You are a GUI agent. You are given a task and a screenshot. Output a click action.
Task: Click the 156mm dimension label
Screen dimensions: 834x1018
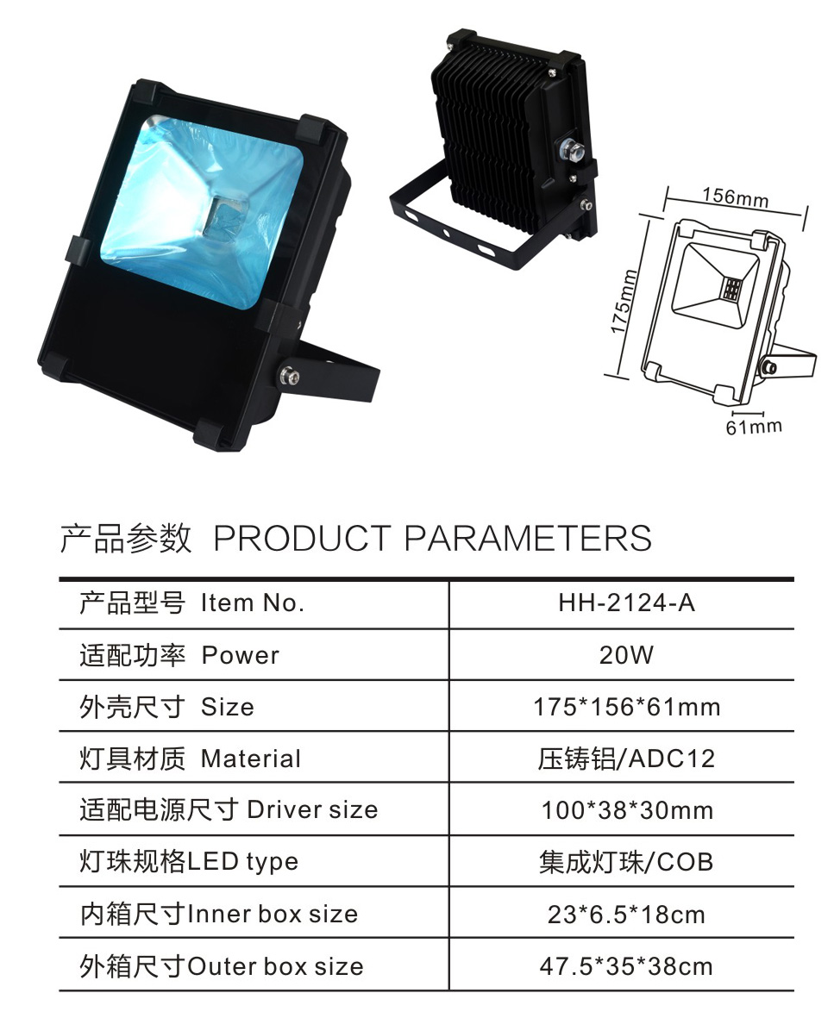tap(735, 196)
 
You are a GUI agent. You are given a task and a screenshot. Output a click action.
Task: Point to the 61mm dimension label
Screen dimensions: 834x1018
tap(754, 428)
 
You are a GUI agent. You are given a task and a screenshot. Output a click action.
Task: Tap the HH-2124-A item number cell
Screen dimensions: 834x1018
tap(627, 603)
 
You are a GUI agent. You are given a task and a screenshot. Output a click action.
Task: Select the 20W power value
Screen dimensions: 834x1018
tap(626, 655)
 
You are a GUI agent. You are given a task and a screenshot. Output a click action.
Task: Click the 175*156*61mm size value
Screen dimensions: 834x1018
tap(627, 707)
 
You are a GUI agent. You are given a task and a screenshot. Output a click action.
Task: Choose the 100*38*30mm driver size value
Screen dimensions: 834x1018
tap(628, 811)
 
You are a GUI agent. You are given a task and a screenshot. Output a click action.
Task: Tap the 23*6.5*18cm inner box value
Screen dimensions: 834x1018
tap(626, 915)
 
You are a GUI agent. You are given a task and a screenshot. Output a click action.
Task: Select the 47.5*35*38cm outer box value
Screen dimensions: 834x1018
tap(626, 966)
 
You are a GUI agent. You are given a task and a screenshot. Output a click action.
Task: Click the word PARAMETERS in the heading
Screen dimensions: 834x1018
tap(528, 538)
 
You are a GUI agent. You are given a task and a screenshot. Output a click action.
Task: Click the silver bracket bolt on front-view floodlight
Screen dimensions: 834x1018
tap(285, 375)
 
